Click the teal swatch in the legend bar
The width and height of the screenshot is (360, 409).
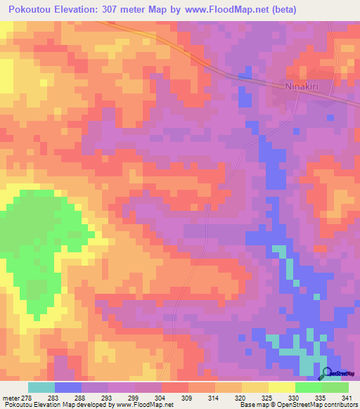tap(41, 387)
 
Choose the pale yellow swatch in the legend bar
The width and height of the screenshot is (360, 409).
tap(282, 387)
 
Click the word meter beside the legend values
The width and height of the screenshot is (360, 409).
tap(10, 398)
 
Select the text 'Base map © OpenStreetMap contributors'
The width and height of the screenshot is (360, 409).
tap(297, 405)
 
